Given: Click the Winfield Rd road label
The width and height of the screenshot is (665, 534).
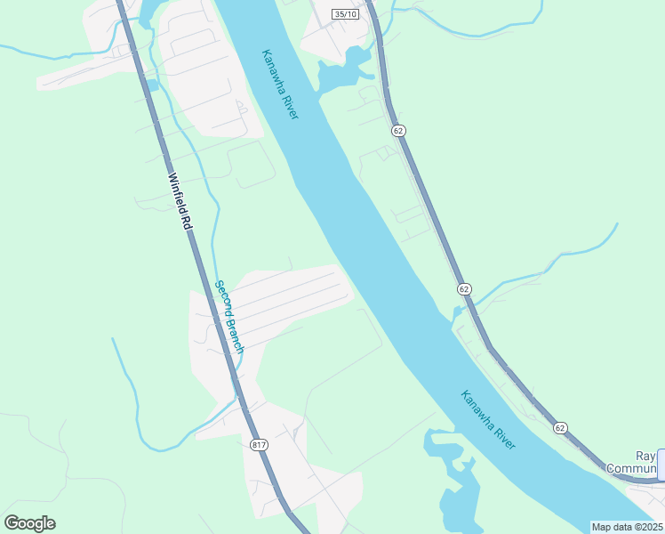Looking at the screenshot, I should click(178, 201).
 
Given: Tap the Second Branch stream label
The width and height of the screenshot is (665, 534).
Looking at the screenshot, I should click(228, 318).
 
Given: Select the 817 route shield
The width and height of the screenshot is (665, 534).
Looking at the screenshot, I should click(259, 445).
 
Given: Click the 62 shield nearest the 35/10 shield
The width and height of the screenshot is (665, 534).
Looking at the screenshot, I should click(397, 131).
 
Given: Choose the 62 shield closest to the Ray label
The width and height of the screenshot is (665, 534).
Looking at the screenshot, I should click(560, 427).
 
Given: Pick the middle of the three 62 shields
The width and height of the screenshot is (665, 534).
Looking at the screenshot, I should click(464, 289).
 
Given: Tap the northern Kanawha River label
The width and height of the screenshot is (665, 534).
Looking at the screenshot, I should click(280, 85).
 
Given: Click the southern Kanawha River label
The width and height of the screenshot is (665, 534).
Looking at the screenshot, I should click(488, 419).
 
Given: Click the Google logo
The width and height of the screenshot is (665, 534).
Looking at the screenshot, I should click(29, 523).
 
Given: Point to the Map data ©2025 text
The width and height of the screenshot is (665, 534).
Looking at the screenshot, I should click(628, 527).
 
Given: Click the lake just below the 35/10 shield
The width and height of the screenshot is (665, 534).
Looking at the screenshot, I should click(342, 71).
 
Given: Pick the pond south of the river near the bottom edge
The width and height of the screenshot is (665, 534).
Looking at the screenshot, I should click(458, 494).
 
